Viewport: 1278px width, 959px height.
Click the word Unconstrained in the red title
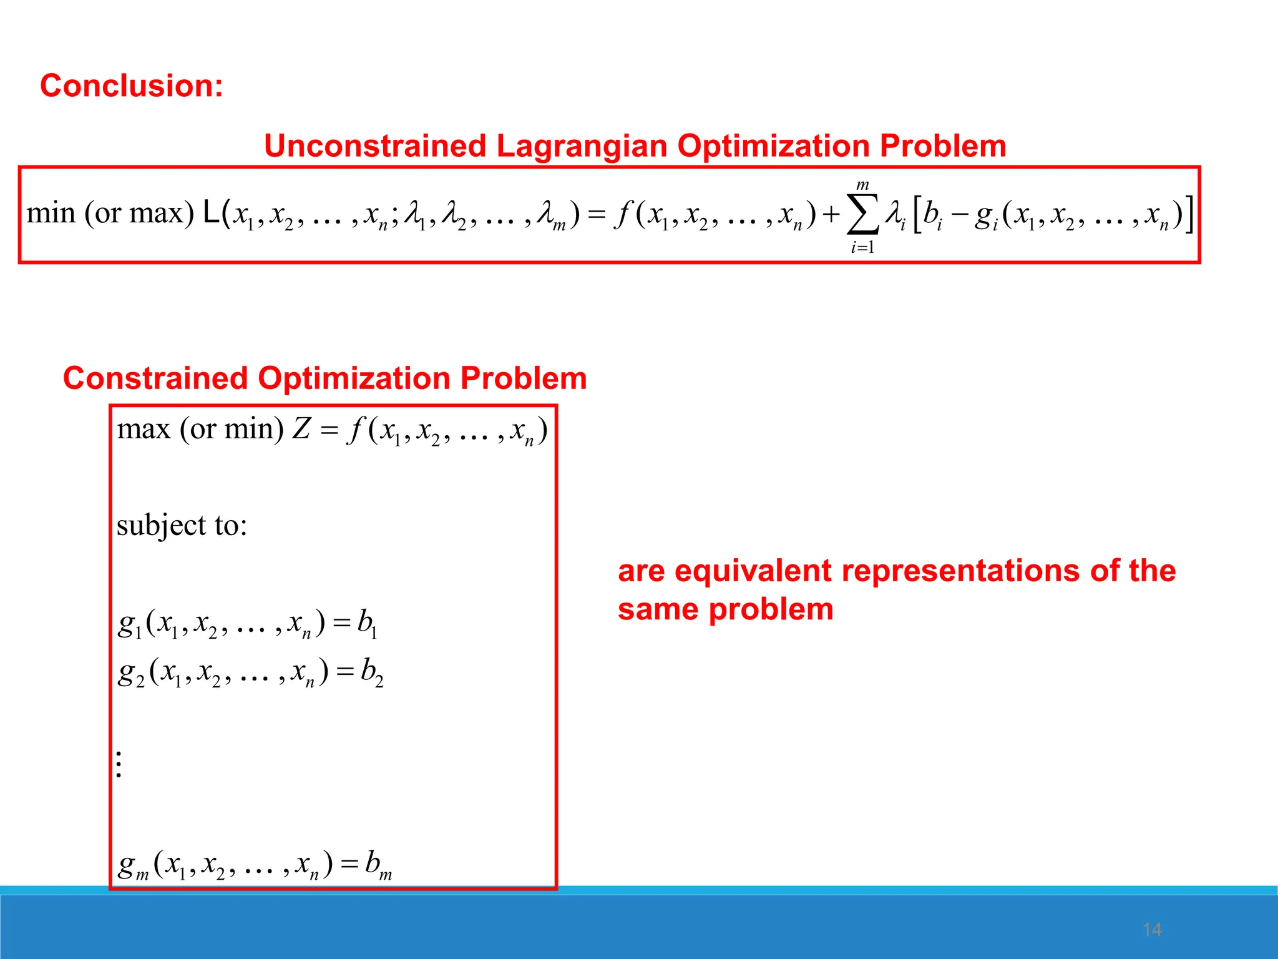click(374, 146)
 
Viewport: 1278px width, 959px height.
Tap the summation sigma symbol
click(863, 214)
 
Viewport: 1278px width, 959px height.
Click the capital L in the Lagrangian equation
click(211, 214)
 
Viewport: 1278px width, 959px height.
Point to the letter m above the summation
click(862, 185)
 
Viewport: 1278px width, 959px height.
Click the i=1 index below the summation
click(862, 247)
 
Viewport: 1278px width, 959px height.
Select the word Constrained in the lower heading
click(155, 378)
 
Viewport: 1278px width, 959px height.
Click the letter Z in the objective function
click(301, 430)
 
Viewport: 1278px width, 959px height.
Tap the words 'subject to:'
click(182, 525)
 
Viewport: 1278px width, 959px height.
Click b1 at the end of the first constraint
click(367, 622)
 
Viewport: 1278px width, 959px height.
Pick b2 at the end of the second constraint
click(372, 672)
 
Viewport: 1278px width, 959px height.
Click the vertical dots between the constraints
click(119, 764)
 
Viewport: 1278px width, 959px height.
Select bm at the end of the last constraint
click(378, 865)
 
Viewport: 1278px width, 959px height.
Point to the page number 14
click(1152, 930)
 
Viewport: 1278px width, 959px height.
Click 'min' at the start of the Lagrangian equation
click(51, 214)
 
